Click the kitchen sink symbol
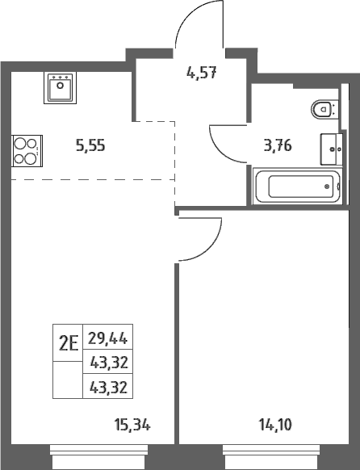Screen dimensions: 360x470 pos(61,88)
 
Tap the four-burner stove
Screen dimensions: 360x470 pos(27,151)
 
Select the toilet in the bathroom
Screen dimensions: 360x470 pos(325,108)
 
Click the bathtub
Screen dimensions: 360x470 pos(297,186)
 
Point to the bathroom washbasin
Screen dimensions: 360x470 pos(332,149)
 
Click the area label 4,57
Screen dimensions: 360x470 pos(201,73)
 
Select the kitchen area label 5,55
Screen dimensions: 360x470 pos(90,146)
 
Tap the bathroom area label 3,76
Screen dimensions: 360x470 pos(278,146)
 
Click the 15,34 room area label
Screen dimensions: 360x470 pos(132,425)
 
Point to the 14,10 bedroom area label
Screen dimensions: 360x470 pos(275,425)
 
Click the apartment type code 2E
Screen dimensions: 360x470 pos(69,343)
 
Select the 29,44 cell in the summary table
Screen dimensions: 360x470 pos(108,338)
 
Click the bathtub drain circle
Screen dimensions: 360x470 pos(327,187)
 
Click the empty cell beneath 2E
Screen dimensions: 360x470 pos(68,380)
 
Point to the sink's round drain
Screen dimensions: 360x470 pos(61,86)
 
